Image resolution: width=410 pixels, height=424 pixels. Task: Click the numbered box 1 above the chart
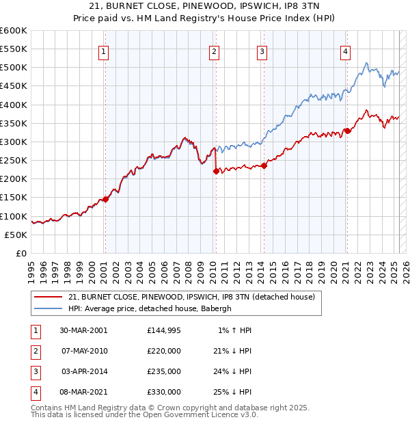coord(104,51)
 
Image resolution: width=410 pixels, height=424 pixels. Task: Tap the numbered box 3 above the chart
coord(262,51)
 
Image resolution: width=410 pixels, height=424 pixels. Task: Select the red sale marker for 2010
coord(215,172)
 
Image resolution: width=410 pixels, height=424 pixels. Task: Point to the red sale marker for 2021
coord(347,131)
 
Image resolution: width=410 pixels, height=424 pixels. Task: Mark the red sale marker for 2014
coord(264,166)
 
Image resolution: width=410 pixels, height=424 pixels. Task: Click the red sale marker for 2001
coord(106,199)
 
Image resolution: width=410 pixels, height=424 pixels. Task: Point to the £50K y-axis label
coord(16,235)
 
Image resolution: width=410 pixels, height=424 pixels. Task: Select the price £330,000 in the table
coord(164,392)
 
